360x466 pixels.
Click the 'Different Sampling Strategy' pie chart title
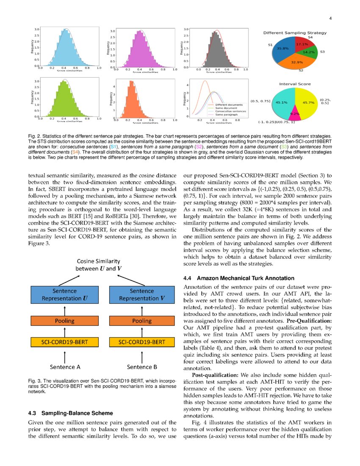coord(294,33)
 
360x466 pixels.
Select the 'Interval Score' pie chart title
coord(295,84)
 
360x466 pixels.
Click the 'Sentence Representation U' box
coord(64,294)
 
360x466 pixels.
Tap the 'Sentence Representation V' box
coord(142,294)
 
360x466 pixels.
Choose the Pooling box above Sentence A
coord(64,321)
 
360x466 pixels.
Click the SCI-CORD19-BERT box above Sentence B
coord(142,342)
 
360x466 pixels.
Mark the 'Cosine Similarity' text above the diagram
coord(98,261)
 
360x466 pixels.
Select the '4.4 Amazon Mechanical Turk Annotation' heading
coord(238,278)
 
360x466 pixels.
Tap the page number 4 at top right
coord(330,18)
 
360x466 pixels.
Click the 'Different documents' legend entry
coord(228,105)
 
